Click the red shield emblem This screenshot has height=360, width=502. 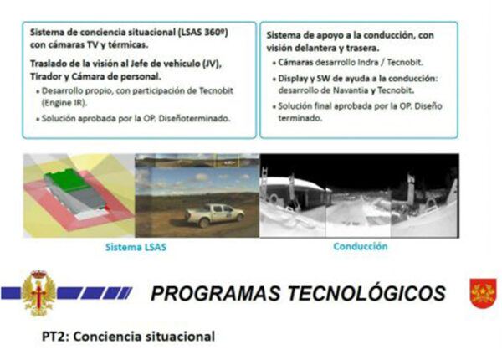(483, 293)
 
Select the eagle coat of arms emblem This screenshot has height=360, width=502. (38, 293)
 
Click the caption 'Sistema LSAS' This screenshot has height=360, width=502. (136, 247)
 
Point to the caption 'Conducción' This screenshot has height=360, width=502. (361, 246)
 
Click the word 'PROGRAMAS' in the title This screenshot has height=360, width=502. (216, 293)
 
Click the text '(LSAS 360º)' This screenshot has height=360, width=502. (203, 33)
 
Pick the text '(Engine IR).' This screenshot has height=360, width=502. (64, 103)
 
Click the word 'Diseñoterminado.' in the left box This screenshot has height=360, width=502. (195, 119)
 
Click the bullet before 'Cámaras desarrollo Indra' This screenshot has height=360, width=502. (274, 64)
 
